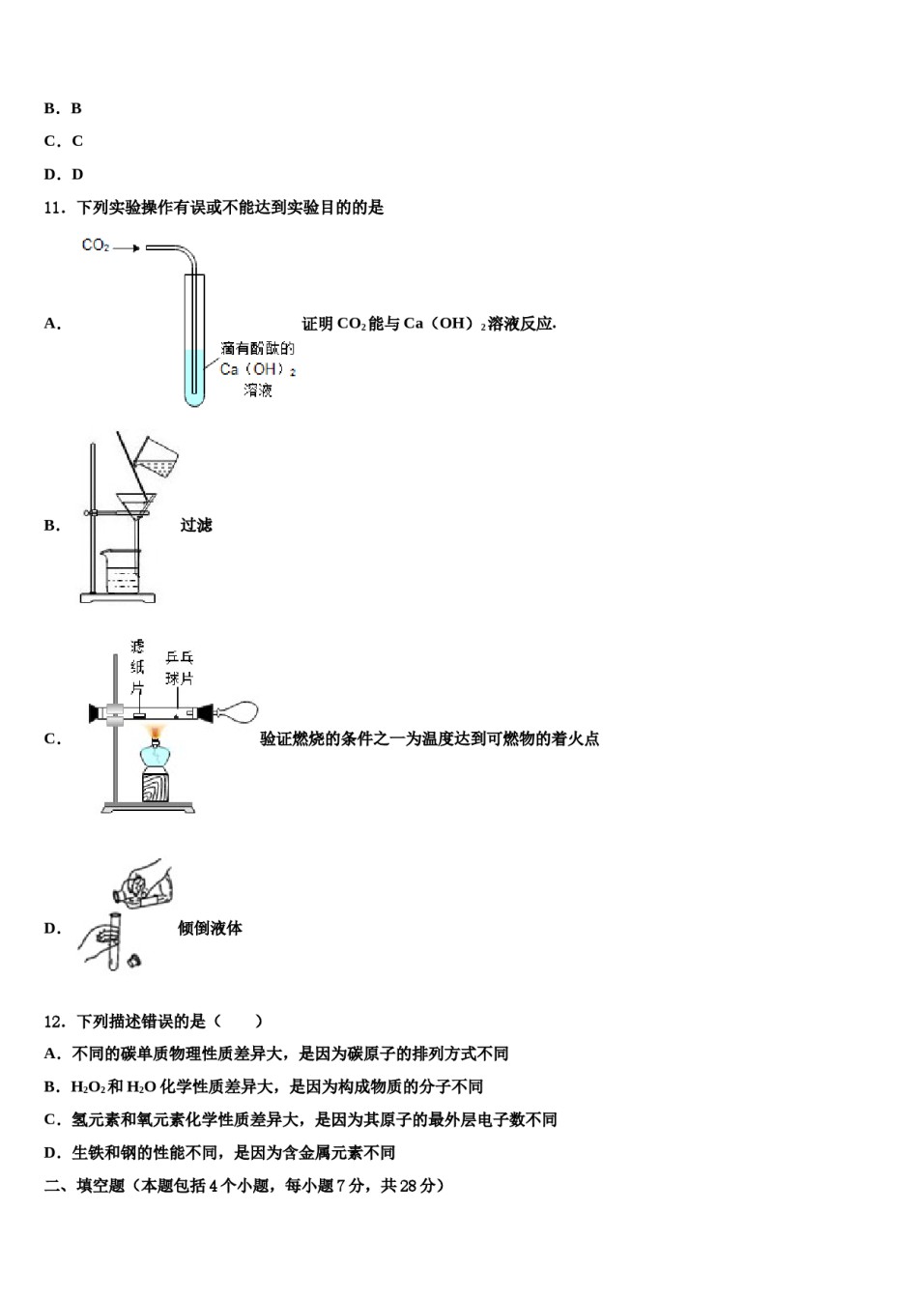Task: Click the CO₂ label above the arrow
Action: tap(95, 245)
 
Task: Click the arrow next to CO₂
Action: tap(127, 247)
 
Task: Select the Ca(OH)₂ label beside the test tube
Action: tap(257, 369)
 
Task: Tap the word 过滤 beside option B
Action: tap(196, 525)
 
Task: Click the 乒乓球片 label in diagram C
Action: tap(179, 668)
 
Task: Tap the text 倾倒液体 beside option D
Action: tap(210, 928)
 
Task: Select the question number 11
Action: tap(54, 207)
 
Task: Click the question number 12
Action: tap(54, 1021)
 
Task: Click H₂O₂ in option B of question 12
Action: tap(87, 1086)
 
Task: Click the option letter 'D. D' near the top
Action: tap(64, 174)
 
